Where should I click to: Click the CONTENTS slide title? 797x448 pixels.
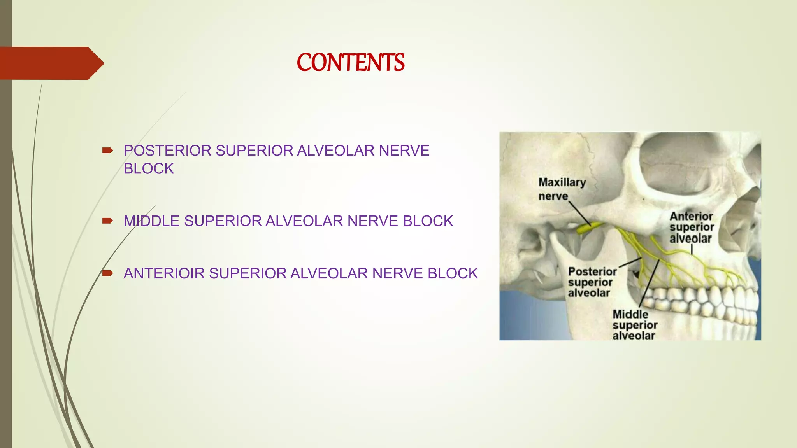tap(350, 63)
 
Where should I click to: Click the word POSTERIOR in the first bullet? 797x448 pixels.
tap(167, 151)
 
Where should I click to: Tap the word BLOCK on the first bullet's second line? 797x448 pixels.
tap(149, 169)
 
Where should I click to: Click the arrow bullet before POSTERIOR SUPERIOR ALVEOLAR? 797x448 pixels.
tap(107, 150)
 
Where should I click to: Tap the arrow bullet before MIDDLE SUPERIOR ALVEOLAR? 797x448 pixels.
tap(107, 221)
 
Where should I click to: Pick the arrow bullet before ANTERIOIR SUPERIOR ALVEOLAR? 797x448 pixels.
tap(107, 273)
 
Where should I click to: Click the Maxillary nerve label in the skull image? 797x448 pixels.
tap(562, 189)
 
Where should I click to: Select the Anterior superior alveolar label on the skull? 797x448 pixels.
tap(692, 227)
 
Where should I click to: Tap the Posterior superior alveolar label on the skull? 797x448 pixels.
tap(592, 282)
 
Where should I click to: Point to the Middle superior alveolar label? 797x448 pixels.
tap(634, 325)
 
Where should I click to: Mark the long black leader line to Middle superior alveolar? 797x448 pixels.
tap(649, 284)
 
